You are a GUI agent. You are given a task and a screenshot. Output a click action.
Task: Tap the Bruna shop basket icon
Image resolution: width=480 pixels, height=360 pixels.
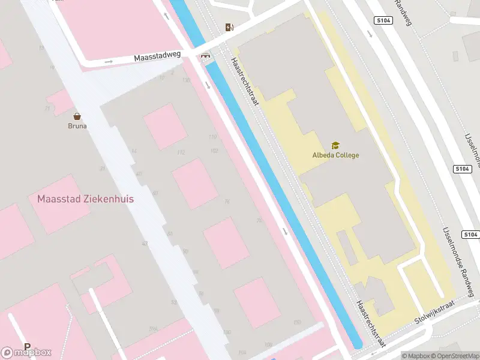77,116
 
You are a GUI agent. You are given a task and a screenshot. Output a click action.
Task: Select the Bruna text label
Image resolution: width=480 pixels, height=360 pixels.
77,126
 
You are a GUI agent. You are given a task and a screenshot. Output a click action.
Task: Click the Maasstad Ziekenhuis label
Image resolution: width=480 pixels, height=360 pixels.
85,199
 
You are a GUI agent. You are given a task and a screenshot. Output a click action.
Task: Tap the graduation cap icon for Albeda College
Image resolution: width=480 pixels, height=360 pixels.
335,145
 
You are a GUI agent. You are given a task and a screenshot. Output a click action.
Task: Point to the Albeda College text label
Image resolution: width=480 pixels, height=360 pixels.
335,155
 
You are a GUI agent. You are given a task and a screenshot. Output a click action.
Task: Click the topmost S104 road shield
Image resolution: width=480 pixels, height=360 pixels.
384,20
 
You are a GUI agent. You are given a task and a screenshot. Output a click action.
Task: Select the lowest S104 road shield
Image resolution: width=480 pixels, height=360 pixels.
470,234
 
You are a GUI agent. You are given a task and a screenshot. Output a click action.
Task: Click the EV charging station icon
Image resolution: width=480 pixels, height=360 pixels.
229,27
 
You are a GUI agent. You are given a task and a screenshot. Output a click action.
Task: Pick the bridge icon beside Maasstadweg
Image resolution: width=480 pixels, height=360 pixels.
206,56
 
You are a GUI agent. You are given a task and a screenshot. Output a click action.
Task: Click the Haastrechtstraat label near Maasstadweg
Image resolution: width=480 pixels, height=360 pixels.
245,82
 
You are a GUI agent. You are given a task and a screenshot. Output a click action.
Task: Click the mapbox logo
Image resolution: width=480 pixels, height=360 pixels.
26,352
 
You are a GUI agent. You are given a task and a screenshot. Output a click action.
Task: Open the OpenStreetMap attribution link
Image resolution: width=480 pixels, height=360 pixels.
454,356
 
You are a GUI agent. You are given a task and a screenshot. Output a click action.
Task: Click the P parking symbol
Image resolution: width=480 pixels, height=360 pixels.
27,346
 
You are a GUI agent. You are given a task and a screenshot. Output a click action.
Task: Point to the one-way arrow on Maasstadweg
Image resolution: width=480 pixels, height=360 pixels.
109,61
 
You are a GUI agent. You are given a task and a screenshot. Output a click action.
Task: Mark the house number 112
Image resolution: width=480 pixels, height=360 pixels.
181,152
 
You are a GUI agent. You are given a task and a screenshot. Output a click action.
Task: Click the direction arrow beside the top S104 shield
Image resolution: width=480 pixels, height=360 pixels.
370,33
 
